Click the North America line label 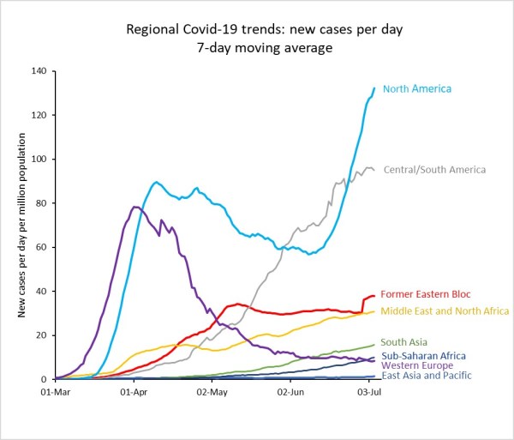pyautogui.click(x=416, y=88)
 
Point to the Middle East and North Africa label pyautogui.click(x=445, y=310)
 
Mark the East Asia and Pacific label pyautogui.click(x=425, y=377)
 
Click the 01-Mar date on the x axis pyautogui.click(x=55, y=391)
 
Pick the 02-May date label pyautogui.click(x=212, y=391)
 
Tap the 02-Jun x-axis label pyautogui.click(x=292, y=391)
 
